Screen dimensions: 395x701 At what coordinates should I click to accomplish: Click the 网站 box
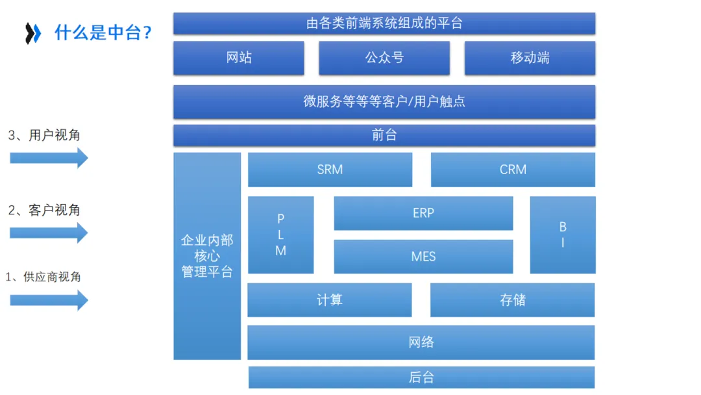click(239, 58)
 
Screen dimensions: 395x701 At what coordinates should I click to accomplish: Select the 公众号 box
click(384, 58)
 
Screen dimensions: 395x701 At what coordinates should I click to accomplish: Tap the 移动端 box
click(530, 58)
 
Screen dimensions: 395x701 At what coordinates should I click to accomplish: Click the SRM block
click(330, 170)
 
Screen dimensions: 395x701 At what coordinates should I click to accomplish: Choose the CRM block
click(513, 170)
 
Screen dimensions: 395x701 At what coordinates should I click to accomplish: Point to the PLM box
click(280, 235)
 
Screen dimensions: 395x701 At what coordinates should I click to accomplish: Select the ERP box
click(423, 213)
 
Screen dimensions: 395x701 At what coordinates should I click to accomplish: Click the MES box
click(423, 257)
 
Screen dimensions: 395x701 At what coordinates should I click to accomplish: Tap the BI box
click(562, 235)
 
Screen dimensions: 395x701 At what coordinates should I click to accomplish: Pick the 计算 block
click(330, 300)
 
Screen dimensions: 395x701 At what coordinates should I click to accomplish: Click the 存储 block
click(512, 300)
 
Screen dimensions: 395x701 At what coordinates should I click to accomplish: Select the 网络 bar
click(421, 342)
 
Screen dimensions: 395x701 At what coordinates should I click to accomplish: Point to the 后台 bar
click(421, 377)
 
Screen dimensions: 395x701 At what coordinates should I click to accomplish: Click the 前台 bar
click(384, 135)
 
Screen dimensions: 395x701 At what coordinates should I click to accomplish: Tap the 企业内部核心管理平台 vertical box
click(207, 256)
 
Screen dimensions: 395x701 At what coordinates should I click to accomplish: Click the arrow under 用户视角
click(49, 158)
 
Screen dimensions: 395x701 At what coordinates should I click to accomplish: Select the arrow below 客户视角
click(49, 233)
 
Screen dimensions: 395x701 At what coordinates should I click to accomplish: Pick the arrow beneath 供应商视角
click(49, 299)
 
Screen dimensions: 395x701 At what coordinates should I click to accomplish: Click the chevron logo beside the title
click(33, 33)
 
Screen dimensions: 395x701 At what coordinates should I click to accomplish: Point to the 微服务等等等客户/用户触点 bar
click(384, 102)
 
